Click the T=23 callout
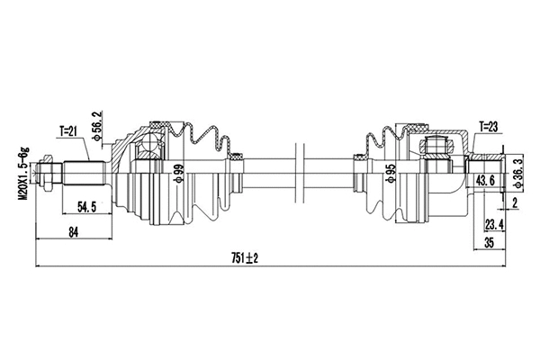pyautogui.click(x=489, y=126)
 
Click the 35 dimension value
pyautogui.click(x=490, y=242)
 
